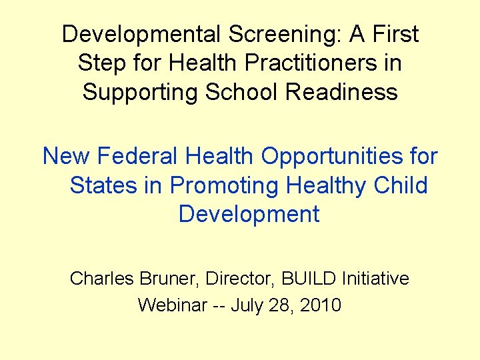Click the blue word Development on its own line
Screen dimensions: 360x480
(x=249, y=214)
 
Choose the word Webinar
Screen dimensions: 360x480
(x=170, y=305)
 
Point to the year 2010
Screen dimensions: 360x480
(x=320, y=305)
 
